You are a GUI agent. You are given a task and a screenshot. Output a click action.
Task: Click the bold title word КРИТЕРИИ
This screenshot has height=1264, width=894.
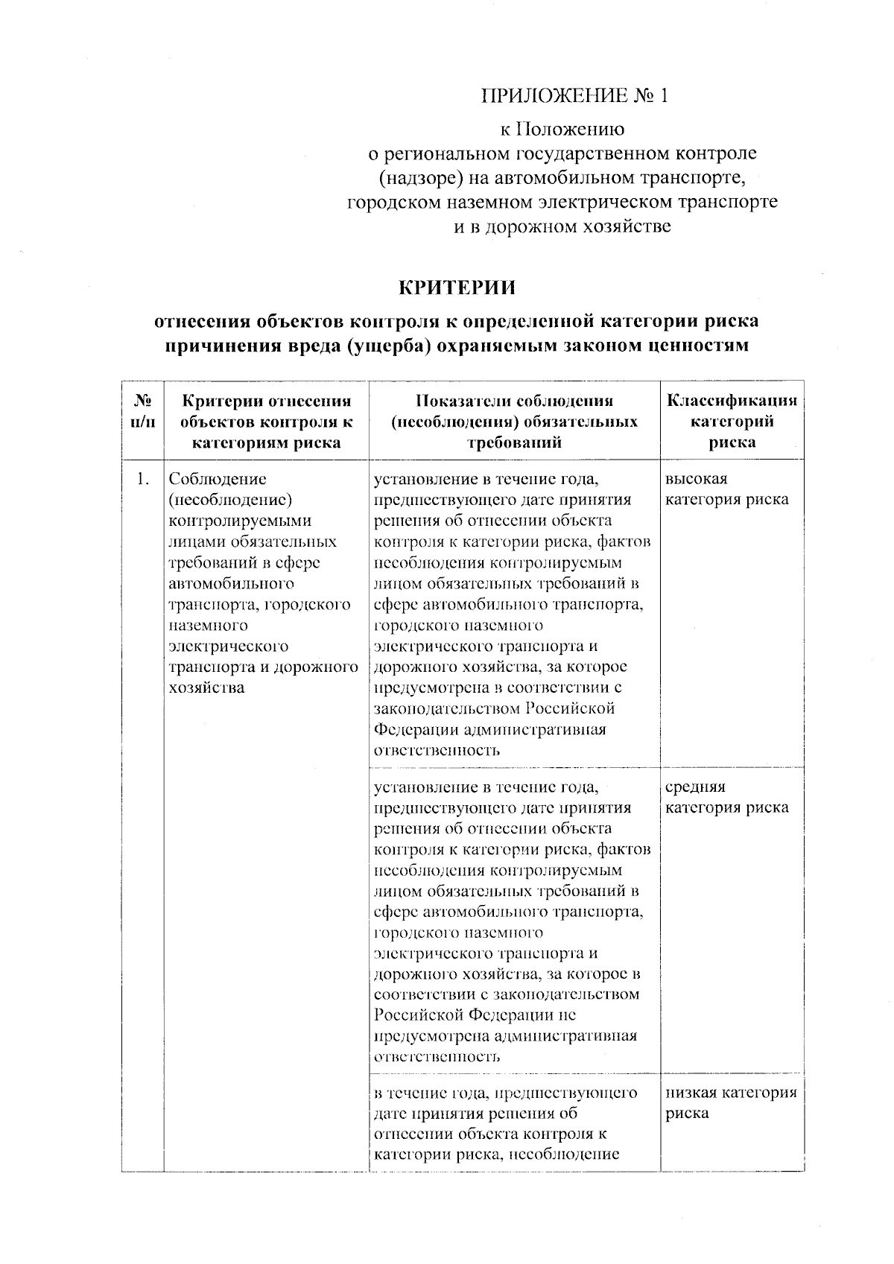pyautogui.click(x=457, y=287)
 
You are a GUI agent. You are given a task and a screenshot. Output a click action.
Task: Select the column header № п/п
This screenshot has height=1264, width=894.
pyautogui.click(x=143, y=411)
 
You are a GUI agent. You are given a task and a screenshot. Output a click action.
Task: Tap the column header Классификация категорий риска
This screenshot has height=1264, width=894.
pyautogui.click(x=732, y=421)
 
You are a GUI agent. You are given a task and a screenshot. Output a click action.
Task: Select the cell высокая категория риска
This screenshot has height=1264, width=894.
pyautogui.click(x=726, y=489)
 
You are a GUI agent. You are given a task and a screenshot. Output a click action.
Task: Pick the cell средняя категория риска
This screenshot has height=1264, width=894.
pyautogui.click(x=726, y=797)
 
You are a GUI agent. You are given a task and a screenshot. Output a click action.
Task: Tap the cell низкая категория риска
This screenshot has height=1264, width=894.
pyautogui.click(x=730, y=1103)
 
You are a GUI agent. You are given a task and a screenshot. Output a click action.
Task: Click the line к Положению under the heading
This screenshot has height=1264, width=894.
pyautogui.click(x=562, y=130)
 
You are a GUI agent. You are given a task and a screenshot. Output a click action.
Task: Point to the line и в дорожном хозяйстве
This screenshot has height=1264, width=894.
pyautogui.click(x=562, y=226)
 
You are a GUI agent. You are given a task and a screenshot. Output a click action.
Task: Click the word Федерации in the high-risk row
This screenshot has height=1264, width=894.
pyautogui.click(x=409, y=729)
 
